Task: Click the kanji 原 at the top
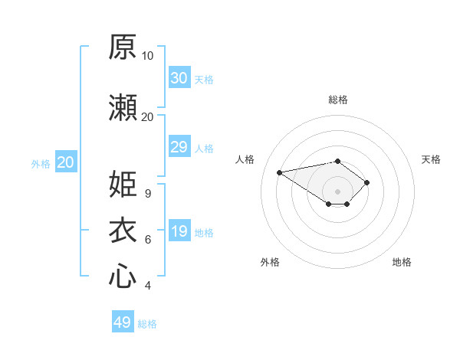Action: pos(123,47)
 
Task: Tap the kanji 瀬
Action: pos(123,107)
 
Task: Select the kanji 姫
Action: pos(123,184)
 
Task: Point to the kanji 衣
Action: pos(123,230)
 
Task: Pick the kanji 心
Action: pos(123,276)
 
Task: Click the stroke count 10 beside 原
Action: pos(147,56)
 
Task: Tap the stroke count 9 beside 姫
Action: pos(148,194)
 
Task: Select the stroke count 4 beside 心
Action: pos(148,286)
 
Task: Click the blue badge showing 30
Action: pos(180,77)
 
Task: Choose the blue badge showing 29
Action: pos(180,146)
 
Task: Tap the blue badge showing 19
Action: pos(180,230)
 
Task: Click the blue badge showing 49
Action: pos(123,321)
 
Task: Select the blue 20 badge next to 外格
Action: pos(66,162)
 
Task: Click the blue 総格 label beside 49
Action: pos(147,324)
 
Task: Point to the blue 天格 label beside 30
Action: pos(204,80)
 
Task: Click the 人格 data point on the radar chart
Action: pos(280,172)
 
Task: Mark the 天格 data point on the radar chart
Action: pos(366,182)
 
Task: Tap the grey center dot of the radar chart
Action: pos(337,191)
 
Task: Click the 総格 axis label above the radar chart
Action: pos(338,100)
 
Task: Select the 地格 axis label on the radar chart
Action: pos(402,262)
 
